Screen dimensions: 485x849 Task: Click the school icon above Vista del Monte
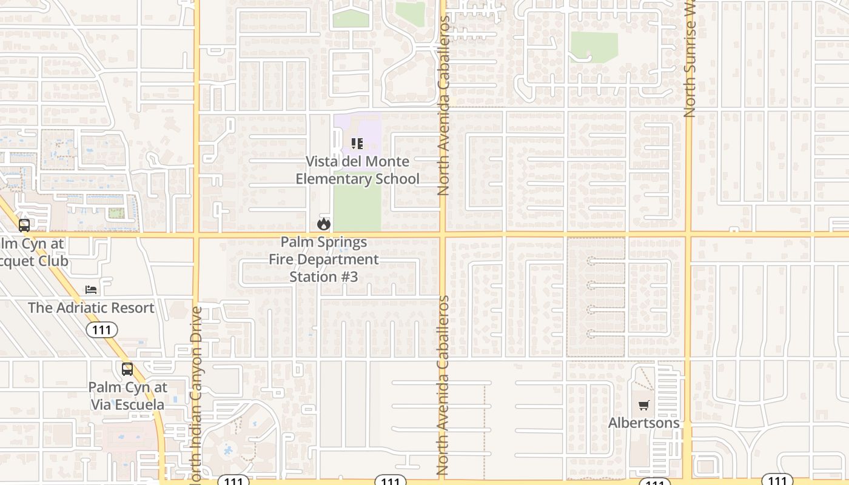(x=357, y=144)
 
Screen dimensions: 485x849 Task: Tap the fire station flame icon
(x=324, y=224)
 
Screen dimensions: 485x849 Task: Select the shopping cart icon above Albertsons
(x=643, y=405)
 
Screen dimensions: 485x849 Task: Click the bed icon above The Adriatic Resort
(x=91, y=289)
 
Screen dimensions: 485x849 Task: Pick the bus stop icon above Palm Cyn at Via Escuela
(x=127, y=369)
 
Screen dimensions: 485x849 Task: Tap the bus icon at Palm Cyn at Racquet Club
(x=24, y=226)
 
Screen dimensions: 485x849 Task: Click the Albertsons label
(x=643, y=423)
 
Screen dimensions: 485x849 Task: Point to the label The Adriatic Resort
(x=91, y=307)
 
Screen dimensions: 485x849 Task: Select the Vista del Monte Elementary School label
(x=357, y=170)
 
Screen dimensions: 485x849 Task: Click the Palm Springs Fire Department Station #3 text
(x=324, y=259)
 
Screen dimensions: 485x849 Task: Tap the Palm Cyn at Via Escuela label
(x=127, y=396)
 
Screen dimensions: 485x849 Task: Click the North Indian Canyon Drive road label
(x=196, y=394)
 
